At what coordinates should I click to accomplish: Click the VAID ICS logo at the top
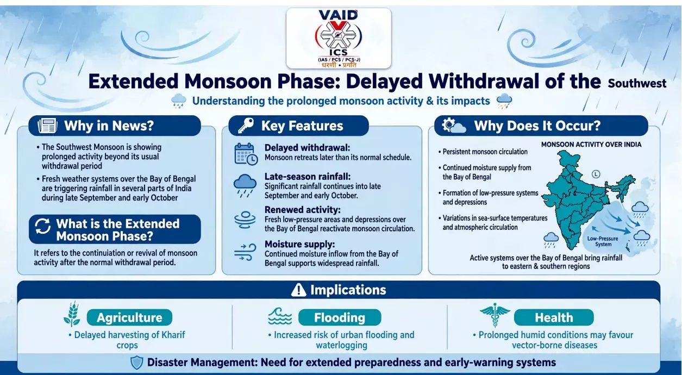tap(339, 39)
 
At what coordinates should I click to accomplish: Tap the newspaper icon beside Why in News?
tap(47, 126)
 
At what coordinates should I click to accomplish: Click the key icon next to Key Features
tap(246, 126)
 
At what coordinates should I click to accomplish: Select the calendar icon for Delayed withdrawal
tap(246, 154)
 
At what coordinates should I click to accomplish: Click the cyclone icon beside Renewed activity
tap(245, 220)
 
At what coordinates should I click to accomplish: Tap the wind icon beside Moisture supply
tap(245, 252)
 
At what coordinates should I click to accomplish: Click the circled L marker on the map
tap(596, 174)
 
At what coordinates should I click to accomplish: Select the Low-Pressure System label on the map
tap(603, 241)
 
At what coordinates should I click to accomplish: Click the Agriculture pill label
tap(129, 317)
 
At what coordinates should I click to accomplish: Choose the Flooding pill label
tap(340, 317)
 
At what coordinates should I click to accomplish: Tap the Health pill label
tap(554, 317)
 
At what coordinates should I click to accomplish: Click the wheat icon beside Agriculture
tap(72, 314)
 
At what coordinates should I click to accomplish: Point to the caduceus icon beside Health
tap(495, 315)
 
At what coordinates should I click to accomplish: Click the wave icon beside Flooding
tap(280, 316)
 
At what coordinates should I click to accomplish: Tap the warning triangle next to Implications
tap(298, 290)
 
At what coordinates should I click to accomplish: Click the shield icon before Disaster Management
tap(137, 362)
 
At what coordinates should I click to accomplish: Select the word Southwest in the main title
tap(637, 83)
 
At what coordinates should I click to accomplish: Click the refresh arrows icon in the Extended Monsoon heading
tap(42, 226)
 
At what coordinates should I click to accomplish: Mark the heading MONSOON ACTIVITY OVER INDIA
tap(591, 145)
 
